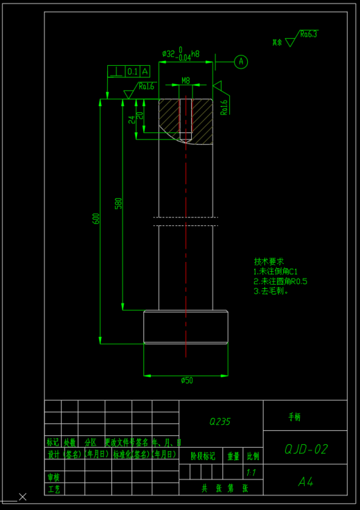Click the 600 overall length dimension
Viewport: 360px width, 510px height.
point(96,218)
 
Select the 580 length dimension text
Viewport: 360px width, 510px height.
point(118,203)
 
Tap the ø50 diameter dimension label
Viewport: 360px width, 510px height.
point(186,380)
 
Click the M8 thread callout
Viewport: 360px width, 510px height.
point(186,81)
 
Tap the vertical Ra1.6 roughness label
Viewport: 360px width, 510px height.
point(224,106)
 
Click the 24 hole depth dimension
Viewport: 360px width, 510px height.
point(132,119)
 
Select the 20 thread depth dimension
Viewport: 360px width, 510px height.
point(141,115)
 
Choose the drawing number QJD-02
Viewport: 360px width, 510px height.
point(305,449)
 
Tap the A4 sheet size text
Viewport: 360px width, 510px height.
point(305,480)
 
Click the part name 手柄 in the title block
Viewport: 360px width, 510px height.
point(294,417)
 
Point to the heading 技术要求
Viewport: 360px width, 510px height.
point(269,262)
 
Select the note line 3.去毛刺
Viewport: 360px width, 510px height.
point(271,291)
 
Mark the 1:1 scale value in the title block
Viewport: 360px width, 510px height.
point(252,472)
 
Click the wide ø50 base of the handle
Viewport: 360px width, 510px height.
point(186,328)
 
